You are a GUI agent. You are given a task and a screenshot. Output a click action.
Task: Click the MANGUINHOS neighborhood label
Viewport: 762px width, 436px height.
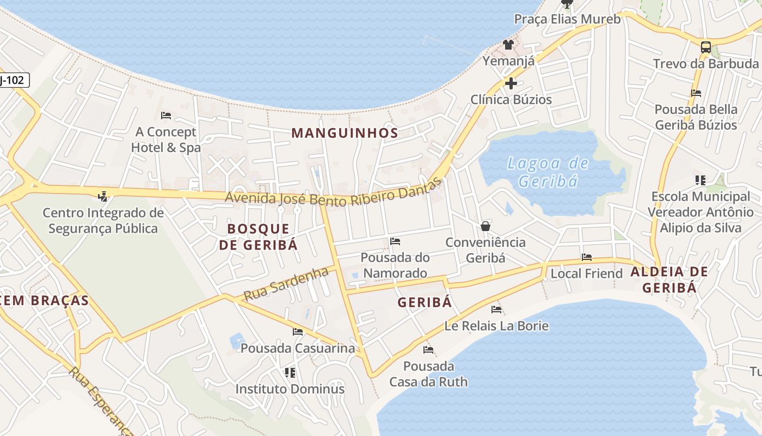coord(345,132)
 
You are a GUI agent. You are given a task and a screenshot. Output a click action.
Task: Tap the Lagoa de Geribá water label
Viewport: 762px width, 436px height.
coord(548,172)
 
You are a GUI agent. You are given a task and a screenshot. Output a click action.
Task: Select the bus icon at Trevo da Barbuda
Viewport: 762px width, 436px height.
coord(705,47)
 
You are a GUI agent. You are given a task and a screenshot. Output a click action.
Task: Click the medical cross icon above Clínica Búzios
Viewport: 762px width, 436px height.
coord(511,83)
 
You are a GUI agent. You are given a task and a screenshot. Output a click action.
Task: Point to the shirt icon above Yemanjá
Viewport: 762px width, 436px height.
coord(508,45)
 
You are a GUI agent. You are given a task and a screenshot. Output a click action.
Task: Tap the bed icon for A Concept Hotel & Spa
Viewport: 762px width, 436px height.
coord(166,116)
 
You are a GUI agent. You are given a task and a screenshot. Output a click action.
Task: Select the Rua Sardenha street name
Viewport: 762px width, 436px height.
coord(286,284)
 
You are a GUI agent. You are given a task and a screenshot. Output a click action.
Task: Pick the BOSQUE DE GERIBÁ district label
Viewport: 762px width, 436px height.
coord(259,237)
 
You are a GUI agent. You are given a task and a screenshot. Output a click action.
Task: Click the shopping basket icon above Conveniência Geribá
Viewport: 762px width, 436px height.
coord(486,226)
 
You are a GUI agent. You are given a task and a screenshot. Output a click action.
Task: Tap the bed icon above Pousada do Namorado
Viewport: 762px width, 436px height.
coord(395,241)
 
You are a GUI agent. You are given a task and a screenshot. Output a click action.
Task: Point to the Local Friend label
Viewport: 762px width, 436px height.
coord(586,273)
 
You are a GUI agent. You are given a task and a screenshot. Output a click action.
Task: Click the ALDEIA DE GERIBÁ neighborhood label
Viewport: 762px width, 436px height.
coord(669,279)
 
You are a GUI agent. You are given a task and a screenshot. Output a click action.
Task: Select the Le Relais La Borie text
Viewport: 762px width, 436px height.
coord(496,326)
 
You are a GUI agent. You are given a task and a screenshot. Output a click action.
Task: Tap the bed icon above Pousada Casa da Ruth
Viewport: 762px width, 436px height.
coord(428,350)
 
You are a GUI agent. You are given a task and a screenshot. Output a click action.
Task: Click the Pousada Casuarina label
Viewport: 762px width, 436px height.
coord(298,348)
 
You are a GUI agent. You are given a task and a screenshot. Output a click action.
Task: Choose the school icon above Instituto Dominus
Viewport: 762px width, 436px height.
coord(290,373)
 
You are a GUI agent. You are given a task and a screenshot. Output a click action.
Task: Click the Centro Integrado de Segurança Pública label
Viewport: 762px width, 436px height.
coord(103,220)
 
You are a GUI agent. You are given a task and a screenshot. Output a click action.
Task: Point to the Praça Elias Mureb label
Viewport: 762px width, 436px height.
coord(567,19)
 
